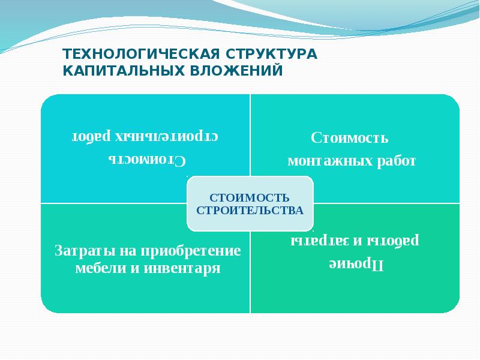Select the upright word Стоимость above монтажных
pyautogui.click(x=350, y=138)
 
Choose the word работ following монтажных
pyautogui.click(x=396, y=161)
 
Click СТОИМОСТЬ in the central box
pyautogui.click(x=250, y=198)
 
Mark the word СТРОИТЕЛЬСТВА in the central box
pyautogui.click(x=250, y=211)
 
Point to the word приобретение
pyautogui.click(x=191, y=250)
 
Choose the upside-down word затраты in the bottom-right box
pyautogui.click(x=318, y=241)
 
